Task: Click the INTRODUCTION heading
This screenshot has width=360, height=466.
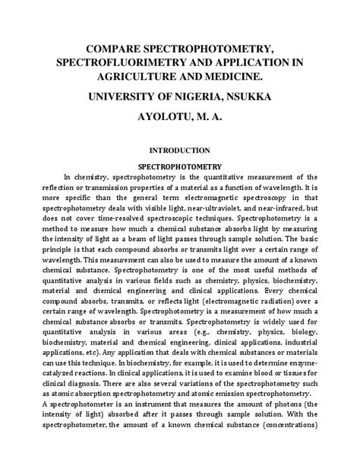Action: (x=179, y=150)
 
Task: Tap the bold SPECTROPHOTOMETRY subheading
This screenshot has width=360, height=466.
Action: (x=179, y=165)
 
